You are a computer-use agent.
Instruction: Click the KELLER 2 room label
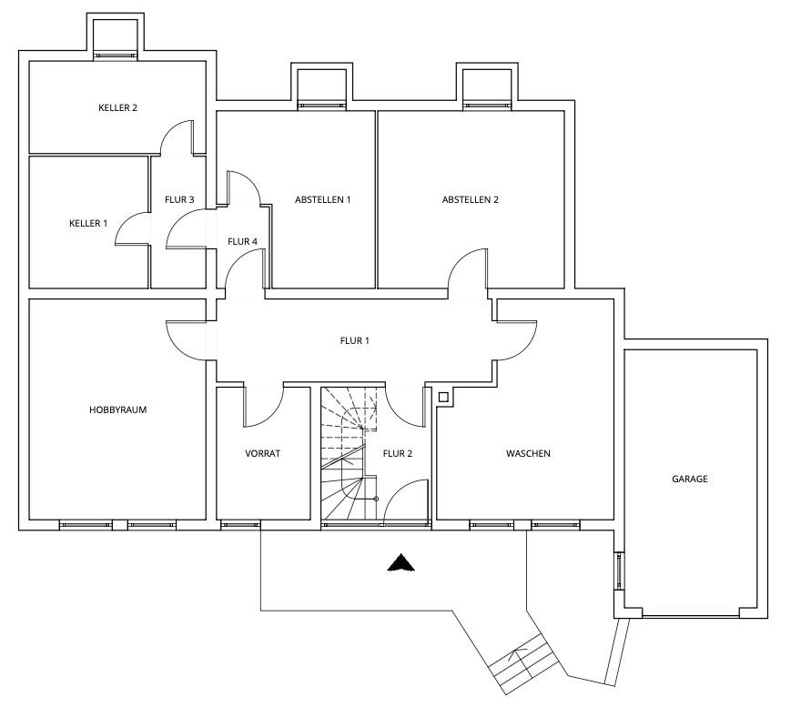tap(118, 107)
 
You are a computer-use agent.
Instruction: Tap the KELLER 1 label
tap(88, 224)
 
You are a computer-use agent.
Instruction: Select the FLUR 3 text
tap(179, 199)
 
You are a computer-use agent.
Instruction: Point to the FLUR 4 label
tap(243, 241)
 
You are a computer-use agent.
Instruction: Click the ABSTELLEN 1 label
tap(323, 199)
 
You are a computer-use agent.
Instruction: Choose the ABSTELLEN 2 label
tap(471, 199)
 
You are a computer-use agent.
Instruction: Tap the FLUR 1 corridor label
tap(355, 341)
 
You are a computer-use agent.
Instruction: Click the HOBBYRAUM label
tap(118, 410)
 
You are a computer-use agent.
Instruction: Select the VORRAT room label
tap(263, 453)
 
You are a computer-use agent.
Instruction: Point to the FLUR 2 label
tap(398, 453)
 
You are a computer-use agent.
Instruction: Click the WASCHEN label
tap(528, 453)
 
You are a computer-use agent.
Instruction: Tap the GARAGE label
tap(689, 479)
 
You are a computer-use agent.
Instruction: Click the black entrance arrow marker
tap(400, 562)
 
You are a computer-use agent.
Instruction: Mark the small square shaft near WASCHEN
tap(442, 398)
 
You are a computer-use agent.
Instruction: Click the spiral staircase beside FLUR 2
tap(350, 454)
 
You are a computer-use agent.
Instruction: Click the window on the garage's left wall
tap(619, 571)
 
